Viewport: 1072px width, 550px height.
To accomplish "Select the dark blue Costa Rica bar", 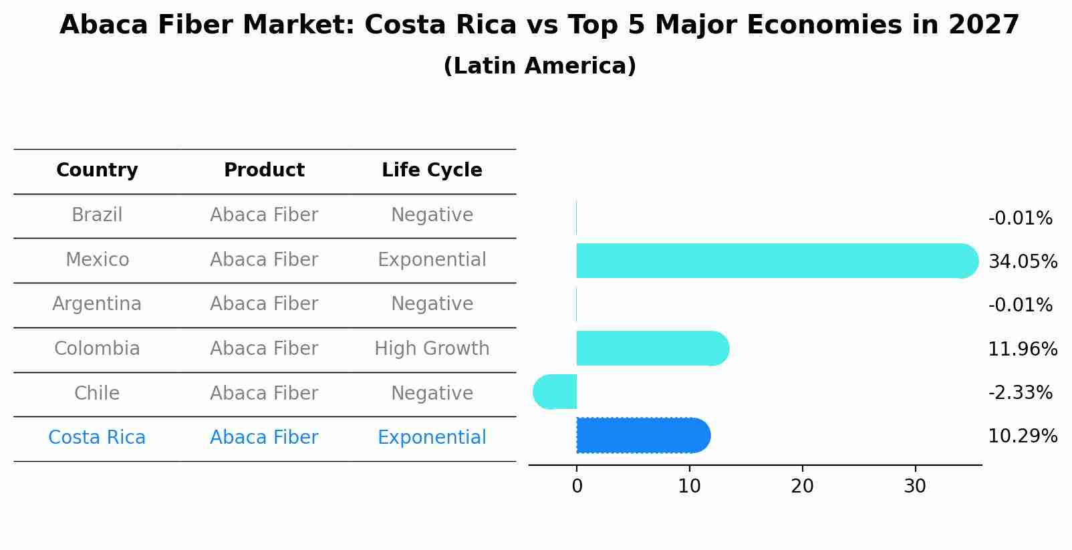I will (642, 436).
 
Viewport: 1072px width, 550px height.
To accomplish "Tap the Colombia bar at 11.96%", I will (652, 348).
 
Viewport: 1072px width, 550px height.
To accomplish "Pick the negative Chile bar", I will (556, 392).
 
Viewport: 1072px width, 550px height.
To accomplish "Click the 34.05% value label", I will (1023, 261).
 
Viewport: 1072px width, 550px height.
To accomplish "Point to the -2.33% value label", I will (1020, 392).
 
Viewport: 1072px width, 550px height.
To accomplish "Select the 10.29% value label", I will (1023, 436).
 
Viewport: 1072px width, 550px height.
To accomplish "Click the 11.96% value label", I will (1023, 349).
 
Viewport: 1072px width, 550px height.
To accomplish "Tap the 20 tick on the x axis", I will (802, 487).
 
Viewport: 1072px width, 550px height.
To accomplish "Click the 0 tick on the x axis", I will (577, 487).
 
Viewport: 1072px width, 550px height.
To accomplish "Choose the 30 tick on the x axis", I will (915, 487).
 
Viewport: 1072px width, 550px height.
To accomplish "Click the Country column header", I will (97, 170).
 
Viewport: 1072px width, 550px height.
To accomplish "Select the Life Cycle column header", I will (432, 170).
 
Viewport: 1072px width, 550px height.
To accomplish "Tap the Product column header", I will (264, 170).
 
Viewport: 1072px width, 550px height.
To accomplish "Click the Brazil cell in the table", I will (97, 215).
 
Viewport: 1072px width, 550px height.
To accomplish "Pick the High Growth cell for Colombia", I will (432, 349).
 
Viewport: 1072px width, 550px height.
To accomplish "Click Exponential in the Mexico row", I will (432, 259).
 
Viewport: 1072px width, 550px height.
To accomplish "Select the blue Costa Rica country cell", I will (97, 438).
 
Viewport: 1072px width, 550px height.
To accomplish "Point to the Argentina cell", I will (97, 304).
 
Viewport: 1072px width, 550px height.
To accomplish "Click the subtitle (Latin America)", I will (539, 66).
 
